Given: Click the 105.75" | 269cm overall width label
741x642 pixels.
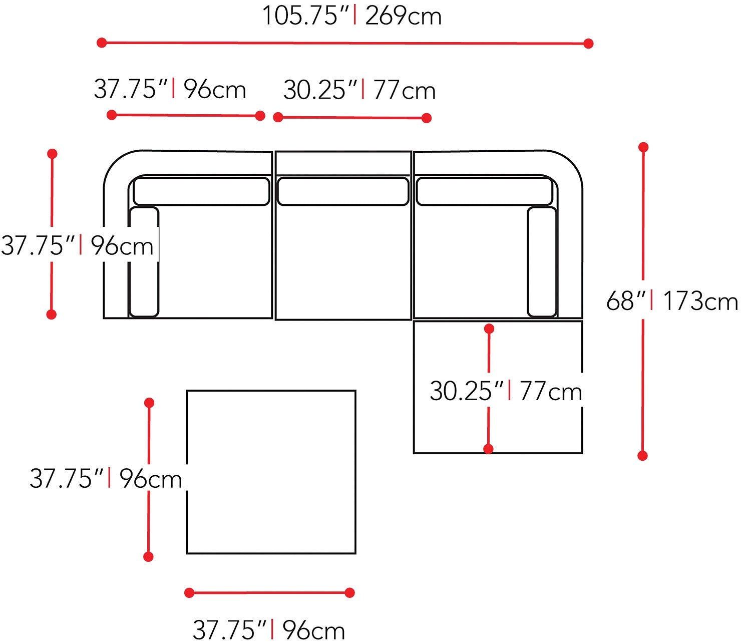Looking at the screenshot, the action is [x=352, y=16].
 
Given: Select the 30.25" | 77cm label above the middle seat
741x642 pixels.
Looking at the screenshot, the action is [x=359, y=90].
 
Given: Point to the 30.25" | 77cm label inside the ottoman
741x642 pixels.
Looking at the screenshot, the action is [x=506, y=391].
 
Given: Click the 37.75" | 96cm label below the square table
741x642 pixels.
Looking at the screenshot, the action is [x=269, y=629].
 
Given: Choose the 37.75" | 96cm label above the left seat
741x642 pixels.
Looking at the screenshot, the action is [x=170, y=89].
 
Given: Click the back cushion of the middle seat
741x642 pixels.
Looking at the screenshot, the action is [x=343, y=191].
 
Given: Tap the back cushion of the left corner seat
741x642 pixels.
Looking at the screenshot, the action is [x=201, y=191].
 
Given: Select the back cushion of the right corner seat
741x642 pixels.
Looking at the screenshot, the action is [x=484, y=191].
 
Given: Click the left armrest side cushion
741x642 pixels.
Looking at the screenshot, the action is [x=144, y=262].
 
